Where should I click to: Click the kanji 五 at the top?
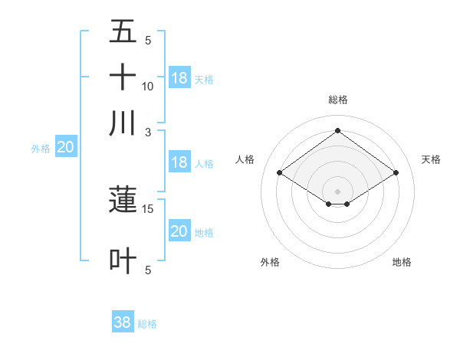pos(123,32)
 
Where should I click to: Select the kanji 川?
pos(123,123)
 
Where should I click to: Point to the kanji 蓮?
pos(123,200)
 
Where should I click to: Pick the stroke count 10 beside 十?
pos(148,87)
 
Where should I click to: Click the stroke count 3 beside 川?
pos(148,131)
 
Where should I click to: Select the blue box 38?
pos(123,322)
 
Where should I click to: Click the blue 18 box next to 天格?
pos(179,78)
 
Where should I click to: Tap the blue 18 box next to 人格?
pos(179,162)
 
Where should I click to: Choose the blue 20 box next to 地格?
pos(179,231)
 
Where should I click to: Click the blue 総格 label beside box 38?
pos(147,324)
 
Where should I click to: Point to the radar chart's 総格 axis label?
pos(337,100)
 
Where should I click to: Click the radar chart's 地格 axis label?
pos(402,262)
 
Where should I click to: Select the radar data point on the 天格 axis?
pos(396,173)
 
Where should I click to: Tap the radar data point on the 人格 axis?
pos(279,173)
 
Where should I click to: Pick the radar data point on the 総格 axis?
pos(337,131)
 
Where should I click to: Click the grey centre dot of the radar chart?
pos(337,191)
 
